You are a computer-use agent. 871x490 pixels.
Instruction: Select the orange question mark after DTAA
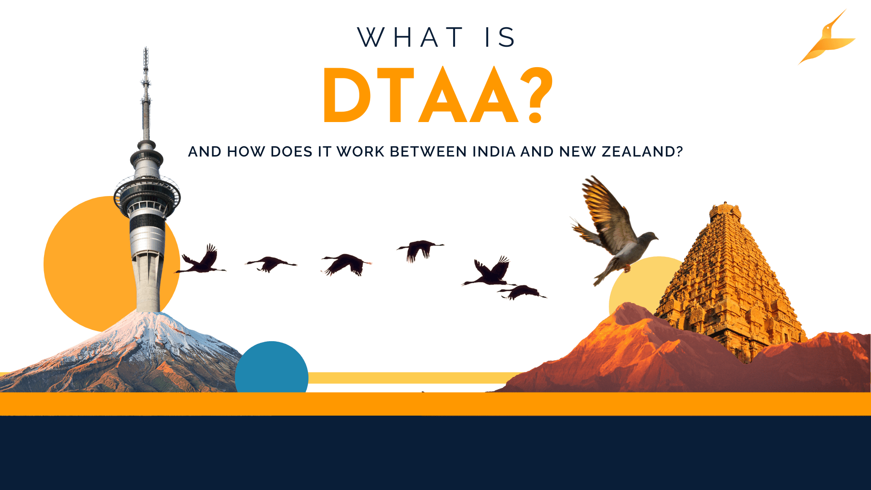click(x=536, y=96)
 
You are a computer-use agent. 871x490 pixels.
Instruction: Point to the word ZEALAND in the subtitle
click(x=642, y=152)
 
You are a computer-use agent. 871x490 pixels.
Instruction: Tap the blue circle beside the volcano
click(x=271, y=367)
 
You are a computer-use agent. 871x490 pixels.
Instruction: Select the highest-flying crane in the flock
click(x=420, y=249)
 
